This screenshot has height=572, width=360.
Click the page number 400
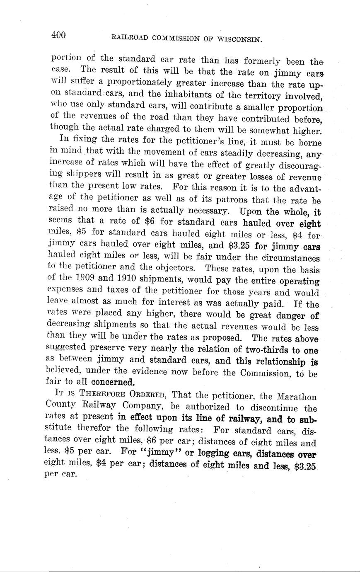click(x=58, y=35)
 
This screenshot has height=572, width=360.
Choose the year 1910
click(x=122, y=280)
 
